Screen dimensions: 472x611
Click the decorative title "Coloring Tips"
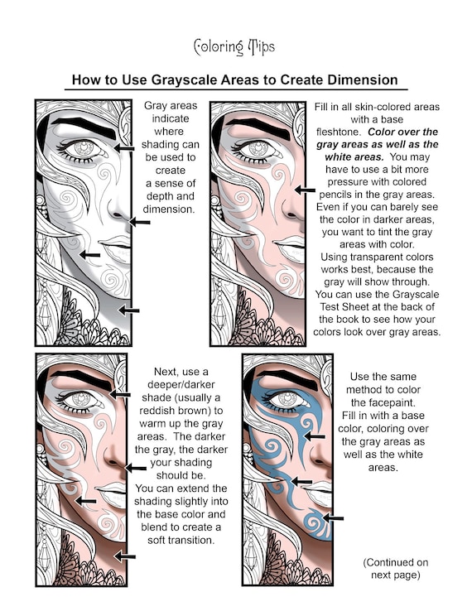[234, 47]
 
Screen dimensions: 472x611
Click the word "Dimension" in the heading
[363, 79]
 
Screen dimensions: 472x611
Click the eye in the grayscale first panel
[82, 149]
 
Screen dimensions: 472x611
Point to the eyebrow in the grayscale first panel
[84, 127]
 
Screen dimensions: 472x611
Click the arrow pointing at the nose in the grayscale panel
[140, 222]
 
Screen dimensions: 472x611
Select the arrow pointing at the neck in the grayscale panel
[129, 310]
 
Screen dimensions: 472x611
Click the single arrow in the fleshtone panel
[306, 190]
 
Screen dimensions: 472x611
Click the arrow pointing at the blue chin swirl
[333, 518]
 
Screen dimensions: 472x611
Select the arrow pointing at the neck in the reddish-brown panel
[125, 556]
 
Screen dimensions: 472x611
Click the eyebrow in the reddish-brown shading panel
[82, 380]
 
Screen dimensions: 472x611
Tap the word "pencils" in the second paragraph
[339, 195]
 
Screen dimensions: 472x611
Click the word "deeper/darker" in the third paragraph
[181, 385]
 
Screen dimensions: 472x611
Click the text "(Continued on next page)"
[396, 569]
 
